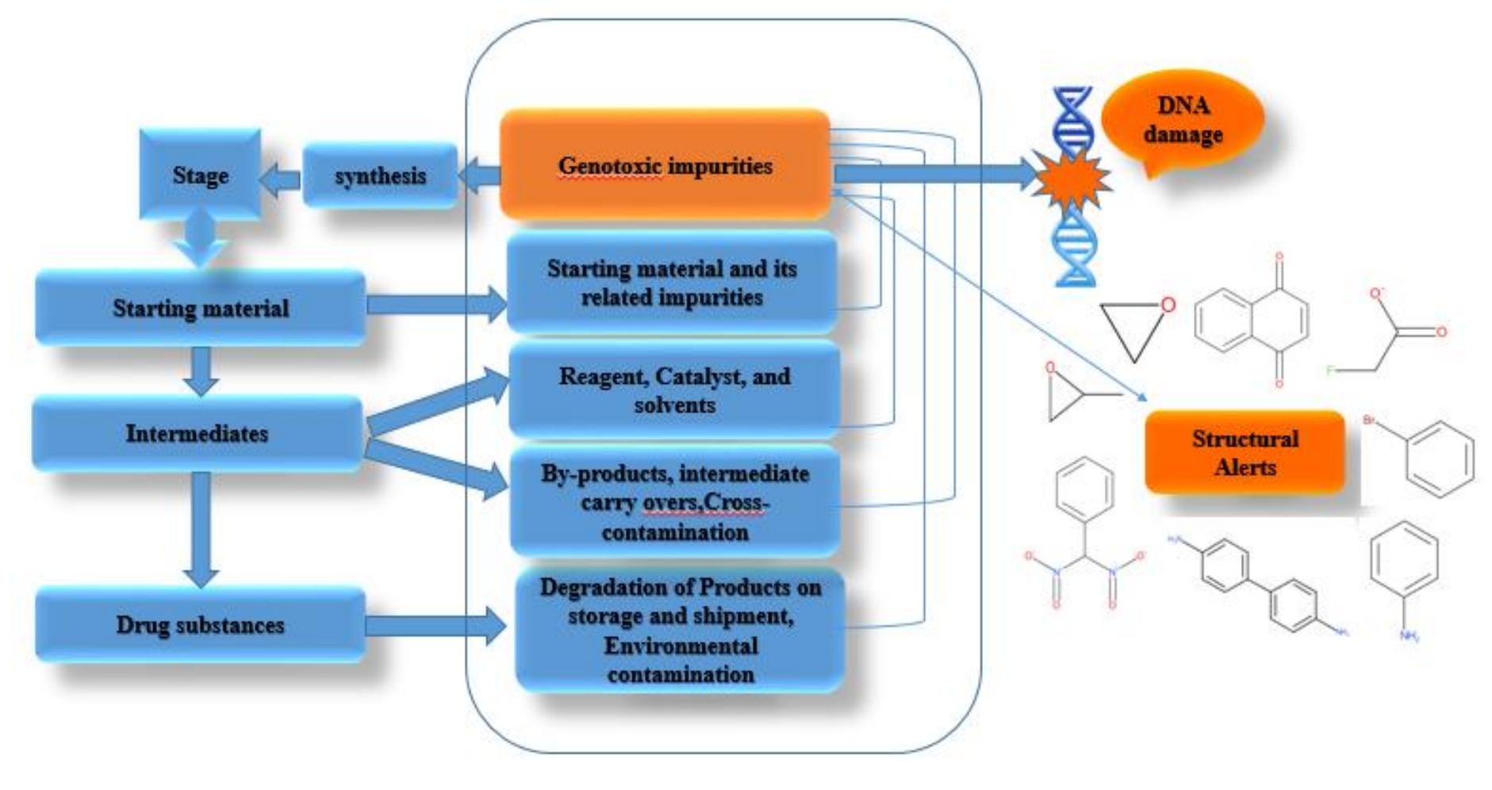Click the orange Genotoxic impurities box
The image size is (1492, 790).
(x=665, y=165)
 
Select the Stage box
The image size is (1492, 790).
(x=200, y=174)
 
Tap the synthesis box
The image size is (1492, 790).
(x=380, y=175)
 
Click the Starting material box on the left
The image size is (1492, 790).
(x=200, y=308)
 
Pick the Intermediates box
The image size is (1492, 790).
(x=197, y=433)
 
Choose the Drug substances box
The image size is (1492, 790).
(x=200, y=625)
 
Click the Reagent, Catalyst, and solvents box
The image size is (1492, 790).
(x=674, y=389)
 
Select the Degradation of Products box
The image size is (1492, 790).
(x=680, y=630)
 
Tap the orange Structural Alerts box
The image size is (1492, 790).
(x=1244, y=452)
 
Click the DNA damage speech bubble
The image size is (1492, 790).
(x=1182, y=121)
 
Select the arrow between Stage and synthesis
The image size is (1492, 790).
(x=280, y=180)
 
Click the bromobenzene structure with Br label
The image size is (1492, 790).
(x=1436, y=458)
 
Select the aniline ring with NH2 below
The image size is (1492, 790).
(x=1404, y=567)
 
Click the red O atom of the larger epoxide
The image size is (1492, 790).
(x=1168, y=305)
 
